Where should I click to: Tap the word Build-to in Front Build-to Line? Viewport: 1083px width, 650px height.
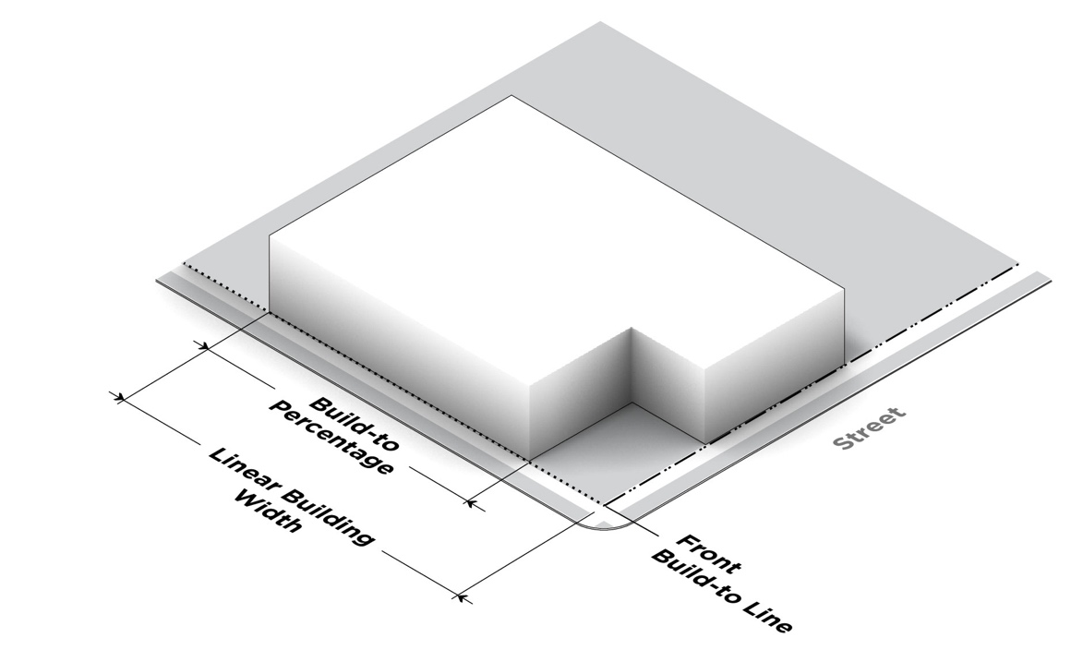(692, 576)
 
